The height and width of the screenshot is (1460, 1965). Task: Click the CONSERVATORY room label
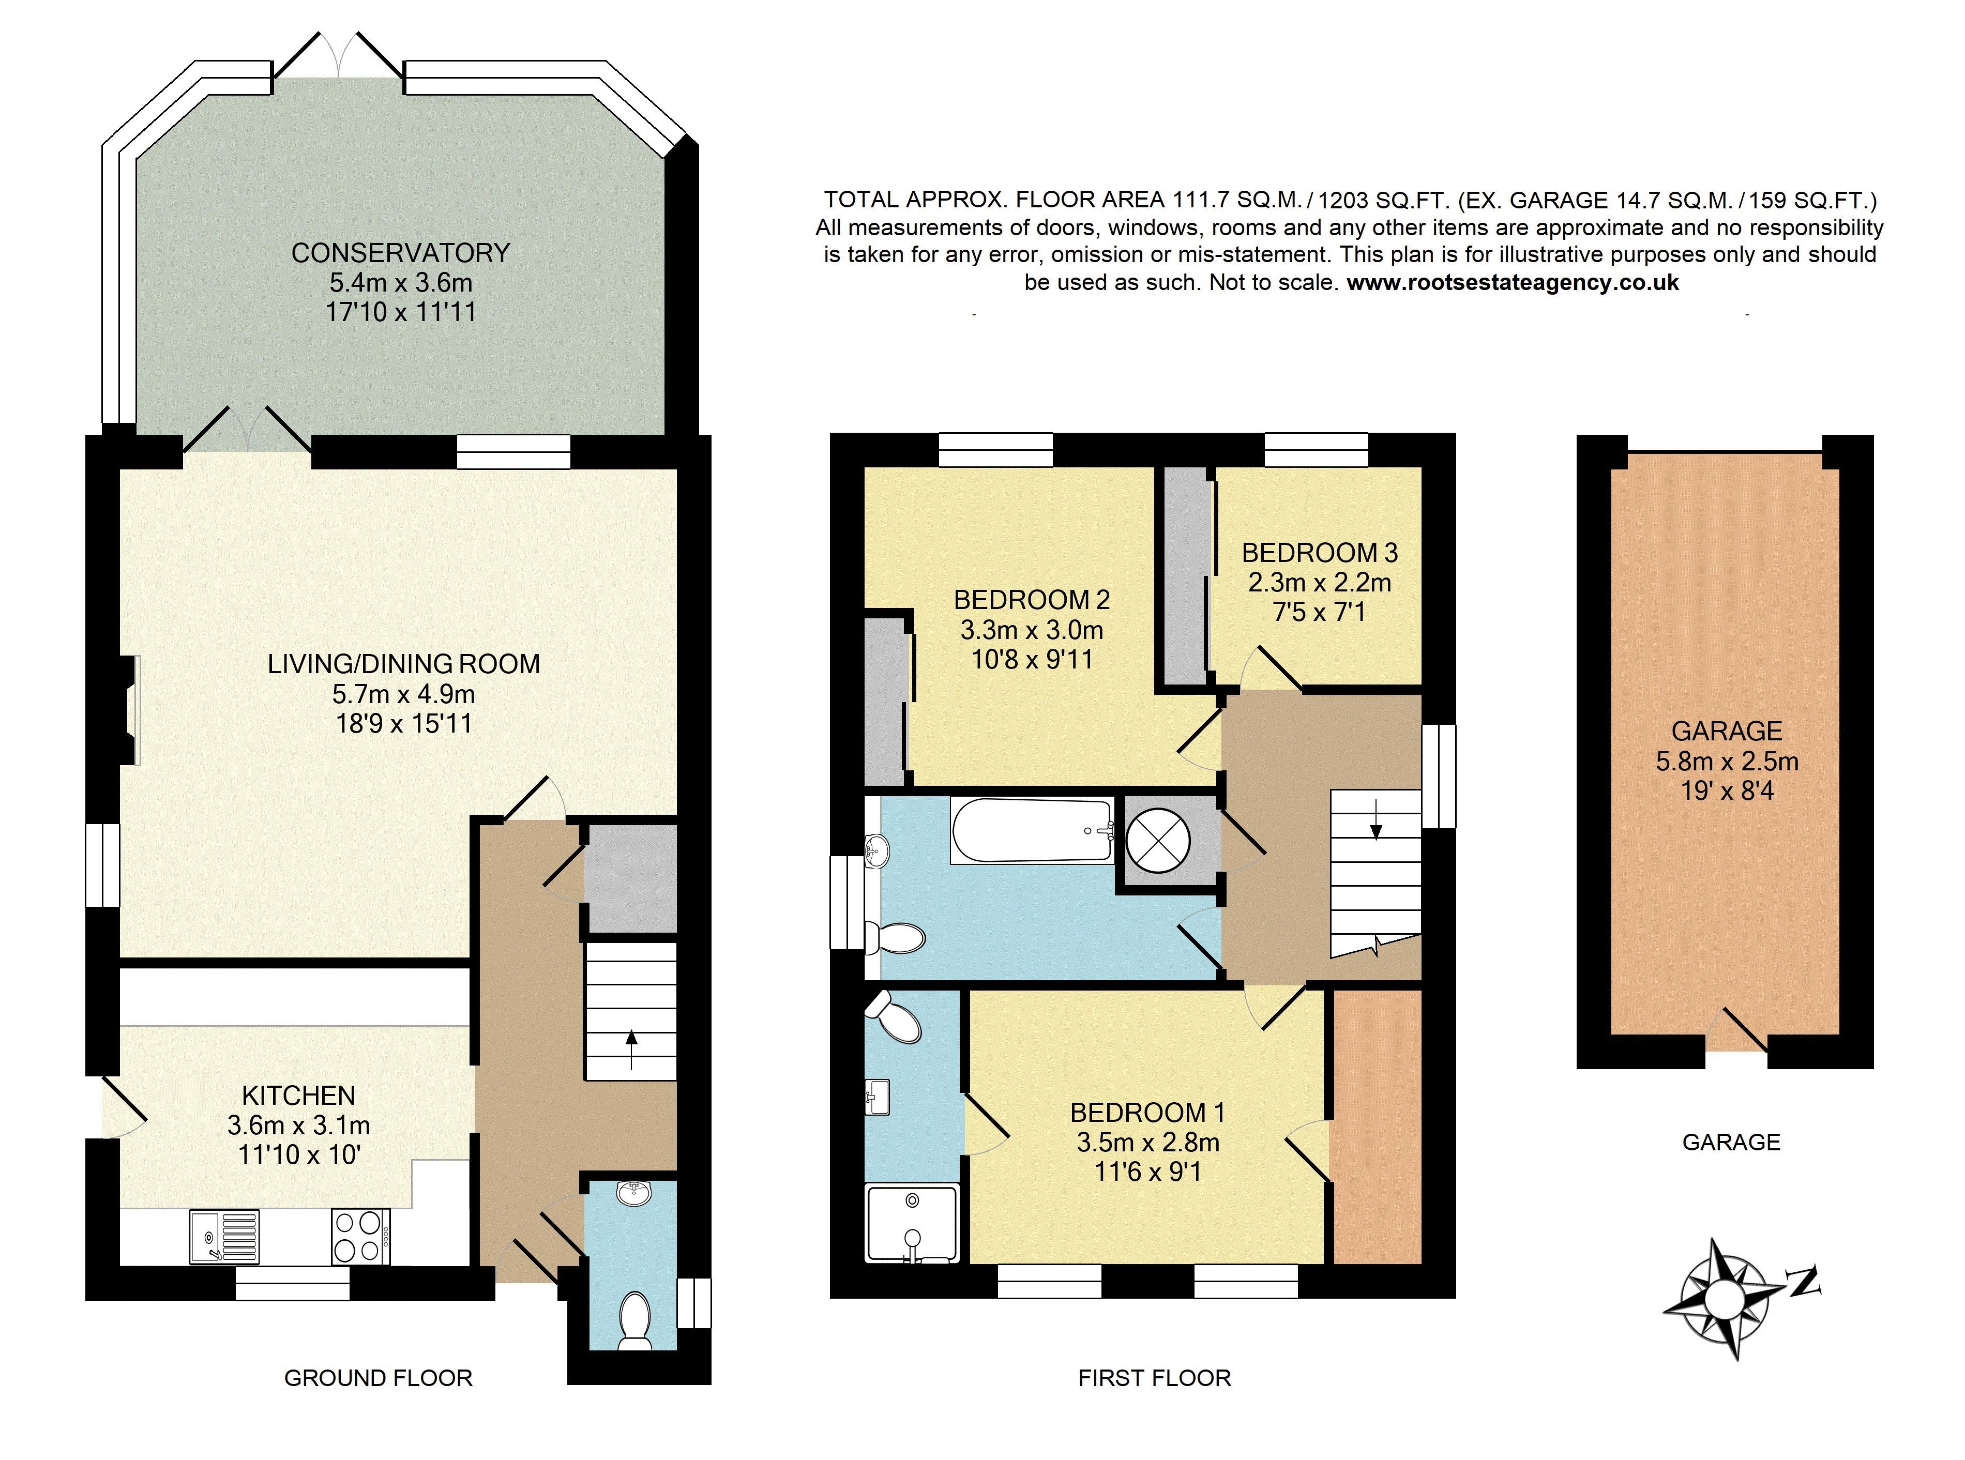tap(400, 253)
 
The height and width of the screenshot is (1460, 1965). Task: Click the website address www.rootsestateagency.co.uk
tap(1513, 283)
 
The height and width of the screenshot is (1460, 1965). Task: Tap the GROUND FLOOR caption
tap(379, 1378)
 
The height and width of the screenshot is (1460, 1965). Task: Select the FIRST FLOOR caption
tap(1154, 1378)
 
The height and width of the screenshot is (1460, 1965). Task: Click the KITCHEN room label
tap(299, 1096)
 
